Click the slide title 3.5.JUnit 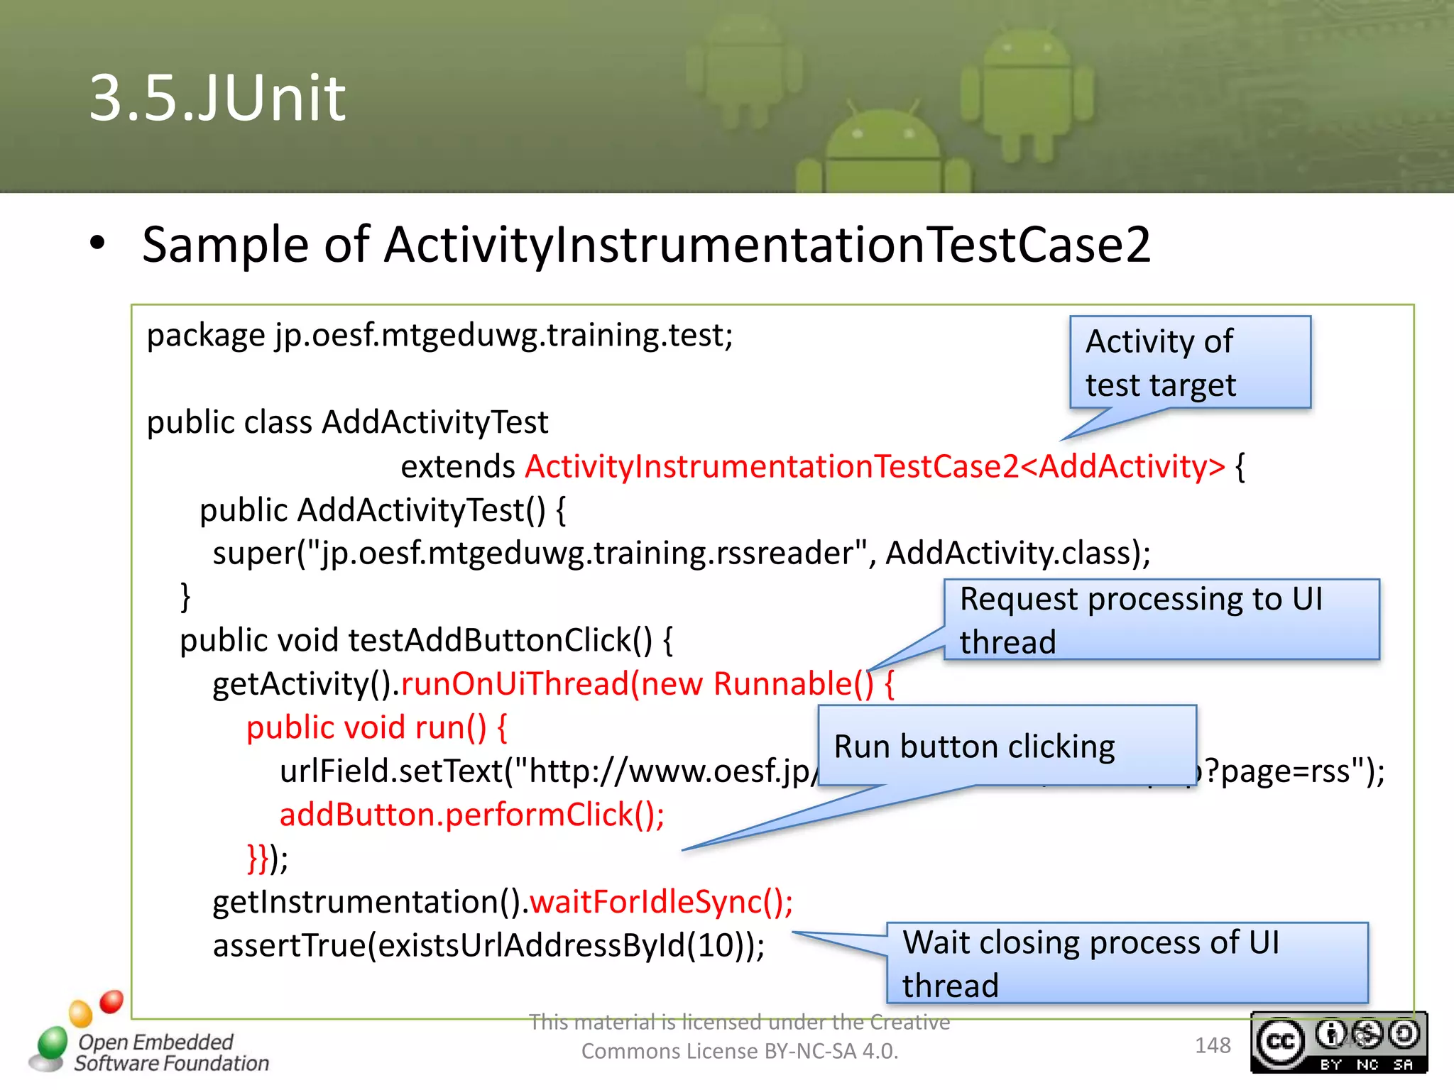(x=217, y=98)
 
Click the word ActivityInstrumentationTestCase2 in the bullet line (x=767, y=245)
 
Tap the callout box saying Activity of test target (x=1190, y=363)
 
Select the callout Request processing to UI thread (x=1161, y=620)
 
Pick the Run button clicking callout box (x=1007, y=746)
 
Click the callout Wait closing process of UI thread (x=1127, y=963)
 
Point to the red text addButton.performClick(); (x=472, y=815)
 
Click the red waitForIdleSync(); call (x=661, y=902)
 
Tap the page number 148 (x=1213, y=1045)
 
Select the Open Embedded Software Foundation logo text (x=172, y=1052)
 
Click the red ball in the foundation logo (x=111, y=1001)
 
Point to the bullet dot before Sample (x=97, y=243)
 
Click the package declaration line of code (x=439, y=335)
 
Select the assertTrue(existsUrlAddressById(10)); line (x=488, y=946)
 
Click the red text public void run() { (x=376, y=727)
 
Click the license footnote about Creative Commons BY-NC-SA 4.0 (x=740, y=1037)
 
